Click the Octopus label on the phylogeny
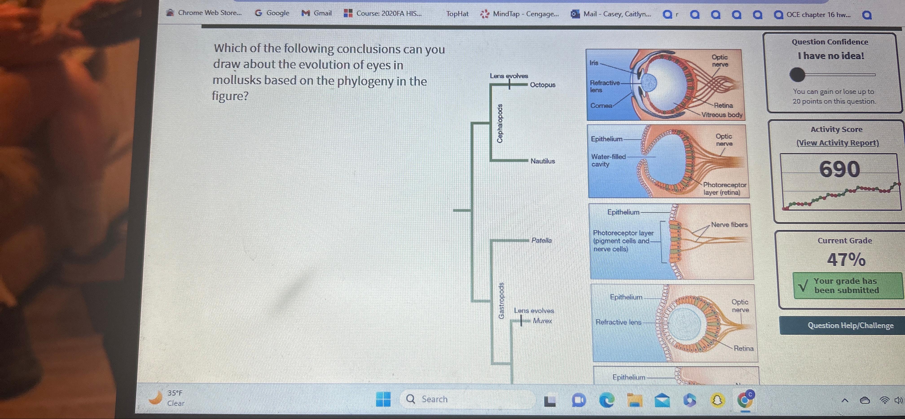pos(543,85)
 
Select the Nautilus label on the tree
pos(543,161)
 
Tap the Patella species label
pos(541,240)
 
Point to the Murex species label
pos(542,321)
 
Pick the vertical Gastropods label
pos(501,301)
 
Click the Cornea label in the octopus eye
pos(601,105)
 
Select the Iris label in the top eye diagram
pos(594,62)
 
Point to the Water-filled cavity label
pos(608,160)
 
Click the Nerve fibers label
pos(729,224)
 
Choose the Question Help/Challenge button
pos(850,325)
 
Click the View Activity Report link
pos(837,143)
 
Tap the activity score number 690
pos(839,169)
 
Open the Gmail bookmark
pos(317,13)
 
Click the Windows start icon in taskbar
pos(383,399)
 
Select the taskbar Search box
pos(467,399)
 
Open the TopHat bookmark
pos(457,14)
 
